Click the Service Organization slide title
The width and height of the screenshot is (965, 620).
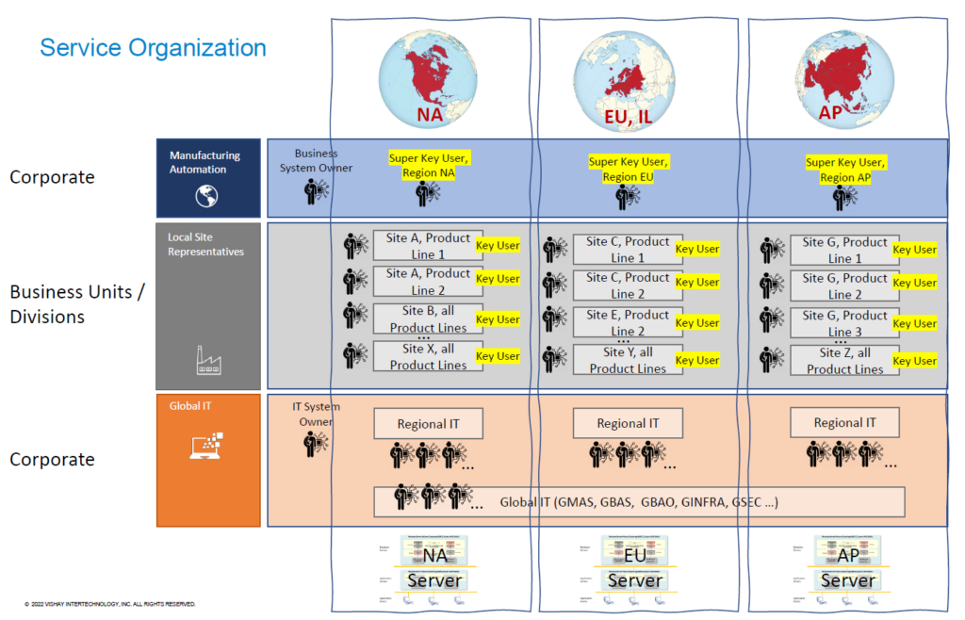pyautogui.click(x=153, y=48)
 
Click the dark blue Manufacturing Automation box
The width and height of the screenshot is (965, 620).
pyautogui.click(x=207, y=178)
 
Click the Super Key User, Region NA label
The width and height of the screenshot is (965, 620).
pyautogui.click(x=429, y=166)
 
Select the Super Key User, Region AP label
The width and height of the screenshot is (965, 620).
pyautogui.click(x=845, y=170)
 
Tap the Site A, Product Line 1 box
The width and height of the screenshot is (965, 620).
pyautogui.click(x=428, y=247)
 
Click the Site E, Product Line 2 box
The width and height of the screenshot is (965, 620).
pyautogui.click(x=628, y=323)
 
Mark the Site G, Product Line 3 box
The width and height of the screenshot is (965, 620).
pyautogui.click(x=844, y=323)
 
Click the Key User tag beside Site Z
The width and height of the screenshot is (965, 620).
pyautogui.click(x=914, y=361)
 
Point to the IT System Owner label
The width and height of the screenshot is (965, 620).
pyautogui.click(x=316, y=415)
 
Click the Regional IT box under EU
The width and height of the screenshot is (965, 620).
pyautogui.click(x=628, y=423)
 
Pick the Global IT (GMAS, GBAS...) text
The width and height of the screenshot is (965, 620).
pyautogui.click(x=639, y=501)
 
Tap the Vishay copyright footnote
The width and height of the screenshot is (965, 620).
pyautogui.click(x=109, y=603)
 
